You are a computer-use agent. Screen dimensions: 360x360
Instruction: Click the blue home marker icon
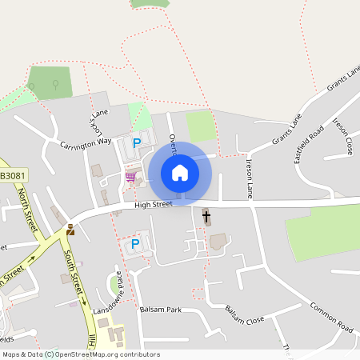pos(180,172)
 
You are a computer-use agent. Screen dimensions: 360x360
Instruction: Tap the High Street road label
pos(154,205)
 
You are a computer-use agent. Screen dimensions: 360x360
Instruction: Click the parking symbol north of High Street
pos(137,143)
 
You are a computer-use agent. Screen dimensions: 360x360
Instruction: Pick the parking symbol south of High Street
pos(134,243)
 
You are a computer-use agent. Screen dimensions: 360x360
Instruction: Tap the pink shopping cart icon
pos(130,176)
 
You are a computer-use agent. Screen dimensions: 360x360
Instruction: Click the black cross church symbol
pos(206,216)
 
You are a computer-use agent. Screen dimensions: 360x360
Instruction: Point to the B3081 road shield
pos(12,176)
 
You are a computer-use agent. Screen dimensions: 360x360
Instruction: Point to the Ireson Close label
pos(342,136)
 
